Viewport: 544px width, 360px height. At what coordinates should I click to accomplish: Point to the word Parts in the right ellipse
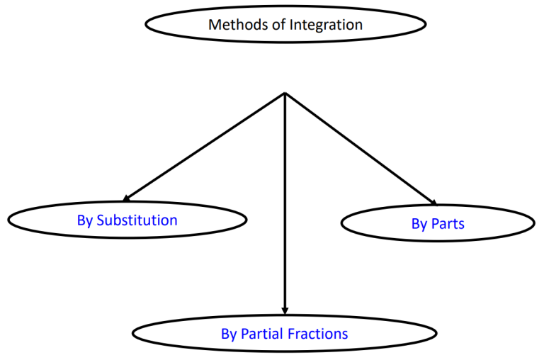(x=448, y=224)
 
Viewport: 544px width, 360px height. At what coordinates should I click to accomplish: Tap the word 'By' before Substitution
(x=85, y=220)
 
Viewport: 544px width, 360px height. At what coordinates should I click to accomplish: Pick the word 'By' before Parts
(x=419, y=224)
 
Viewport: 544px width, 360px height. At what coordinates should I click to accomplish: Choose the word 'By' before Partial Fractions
(x=229, y=334)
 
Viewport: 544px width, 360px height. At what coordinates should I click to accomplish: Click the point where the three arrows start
(x=285, y=93)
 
